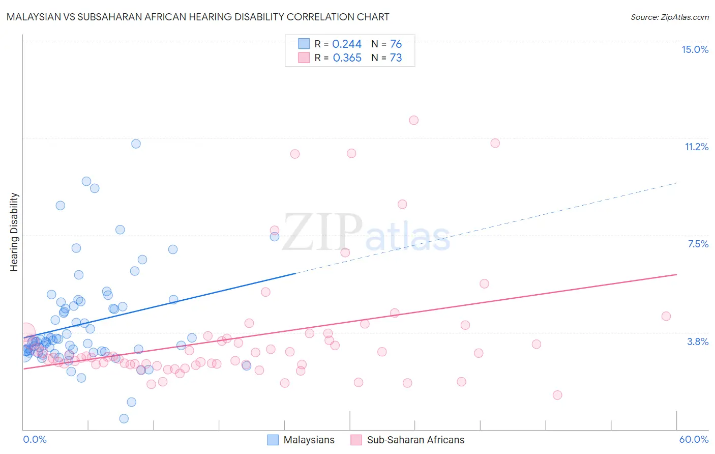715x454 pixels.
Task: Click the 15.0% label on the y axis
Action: click(695, 49)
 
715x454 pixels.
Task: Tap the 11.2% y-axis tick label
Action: click(696, 147)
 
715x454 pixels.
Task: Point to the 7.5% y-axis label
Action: click(698, 244)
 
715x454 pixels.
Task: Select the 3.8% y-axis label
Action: click(698, 342)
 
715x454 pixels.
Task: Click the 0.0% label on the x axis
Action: click(35, 439)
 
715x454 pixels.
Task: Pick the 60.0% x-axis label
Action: click(694, 439)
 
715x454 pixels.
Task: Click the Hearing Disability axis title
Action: click(14, 232)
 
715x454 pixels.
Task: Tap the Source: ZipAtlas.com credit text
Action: click(669, 17)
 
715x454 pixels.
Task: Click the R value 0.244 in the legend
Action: click(347, 44)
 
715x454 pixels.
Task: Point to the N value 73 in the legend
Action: click(396, 58)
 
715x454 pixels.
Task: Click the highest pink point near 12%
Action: click(413, 120)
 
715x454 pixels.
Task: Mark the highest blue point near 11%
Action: click(136, 144)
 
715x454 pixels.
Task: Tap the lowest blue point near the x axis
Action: click(124, 418)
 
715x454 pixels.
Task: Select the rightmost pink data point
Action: click(666, 316)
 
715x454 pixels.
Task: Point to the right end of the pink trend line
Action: click(676, 274)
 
